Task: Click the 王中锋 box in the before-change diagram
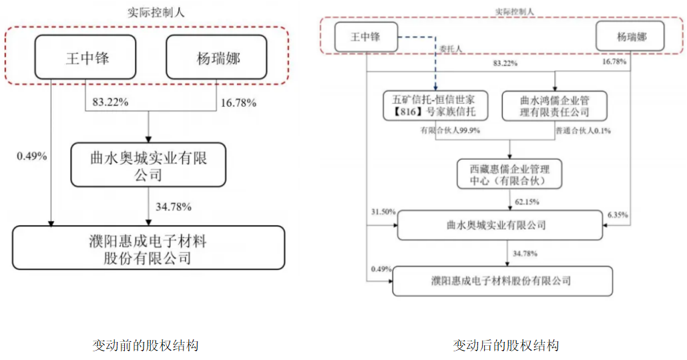[x=85, y=57]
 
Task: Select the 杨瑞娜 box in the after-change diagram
[x=630, y=37]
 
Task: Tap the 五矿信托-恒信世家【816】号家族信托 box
[x=435, y=106]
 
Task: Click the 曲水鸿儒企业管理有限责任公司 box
[x=554, y=106]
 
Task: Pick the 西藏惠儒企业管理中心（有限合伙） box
[x=509, y=174]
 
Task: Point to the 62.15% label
[x=527, y=202]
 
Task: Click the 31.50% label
[x=383, y=212]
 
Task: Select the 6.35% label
[x=618, y=215]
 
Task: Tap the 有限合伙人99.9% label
[x=451, y=130]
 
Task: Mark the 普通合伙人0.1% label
[x=583, y=131]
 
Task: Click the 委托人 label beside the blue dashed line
[x=451, y=49]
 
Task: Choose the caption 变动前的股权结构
[x=146, y=345]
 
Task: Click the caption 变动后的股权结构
[x=506, y=345]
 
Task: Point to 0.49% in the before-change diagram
[x=32, y=156]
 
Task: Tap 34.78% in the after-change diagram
[x=525, y=253]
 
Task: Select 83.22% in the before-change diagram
[x=110, y=102]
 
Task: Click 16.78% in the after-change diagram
[x=614, y=62]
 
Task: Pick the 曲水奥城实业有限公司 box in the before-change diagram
[x=148, y=165]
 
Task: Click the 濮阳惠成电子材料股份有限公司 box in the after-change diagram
[x=503, y=281]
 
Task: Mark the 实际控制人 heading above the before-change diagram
[x=156, y=12]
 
